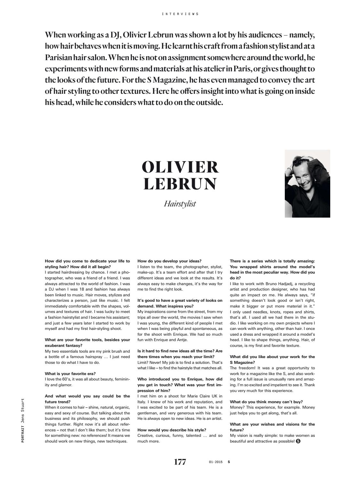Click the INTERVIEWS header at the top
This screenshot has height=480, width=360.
(x=180, y=14)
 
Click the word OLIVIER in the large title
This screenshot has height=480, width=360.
(x=180, y=167)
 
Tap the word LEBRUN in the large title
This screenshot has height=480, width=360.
(x=180, y=184)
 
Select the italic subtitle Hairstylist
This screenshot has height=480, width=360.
(x=180, y=204)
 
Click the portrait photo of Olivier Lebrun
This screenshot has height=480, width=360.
(x=307, y=184)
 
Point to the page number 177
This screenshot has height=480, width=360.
(x=180, y=462)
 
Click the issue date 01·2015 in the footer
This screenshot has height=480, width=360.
(x=215, y=462)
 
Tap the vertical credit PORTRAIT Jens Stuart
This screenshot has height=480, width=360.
(x=23, y=420)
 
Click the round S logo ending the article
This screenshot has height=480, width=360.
(x=299, y=441)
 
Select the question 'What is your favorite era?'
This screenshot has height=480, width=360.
(x=70, y=373)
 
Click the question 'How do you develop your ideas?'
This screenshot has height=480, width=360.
(x=169, y=261)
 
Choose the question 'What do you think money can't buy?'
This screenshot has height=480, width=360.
(x=266, y=402)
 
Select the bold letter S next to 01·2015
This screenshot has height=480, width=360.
(x=228, y=462)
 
